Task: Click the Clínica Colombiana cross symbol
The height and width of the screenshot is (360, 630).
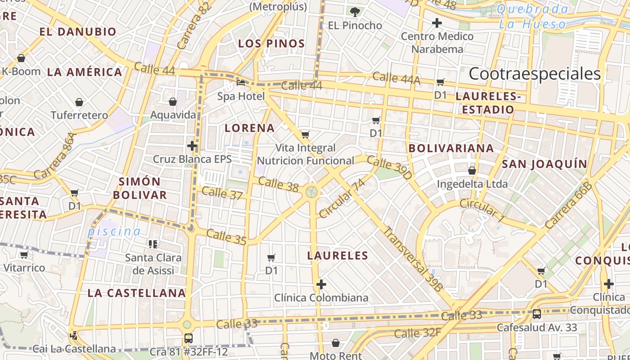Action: point(321,284)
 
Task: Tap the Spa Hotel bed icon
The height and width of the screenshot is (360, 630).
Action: point(241,83)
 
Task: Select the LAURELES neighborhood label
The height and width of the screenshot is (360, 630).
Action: point(337,256)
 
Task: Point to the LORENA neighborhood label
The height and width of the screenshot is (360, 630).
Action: point(250,128)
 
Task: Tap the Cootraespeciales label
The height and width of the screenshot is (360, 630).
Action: point(535,74)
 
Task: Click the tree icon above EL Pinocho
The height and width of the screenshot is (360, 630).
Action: point(355,12)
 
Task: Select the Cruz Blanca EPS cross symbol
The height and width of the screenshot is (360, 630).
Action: point(192,146)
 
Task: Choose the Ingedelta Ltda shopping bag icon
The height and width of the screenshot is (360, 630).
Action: point(472,171)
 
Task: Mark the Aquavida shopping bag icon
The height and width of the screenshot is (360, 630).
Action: point(173,102)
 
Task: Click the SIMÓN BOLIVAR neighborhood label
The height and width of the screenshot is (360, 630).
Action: point(140,188)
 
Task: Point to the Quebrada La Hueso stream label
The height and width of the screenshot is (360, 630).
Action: point(533,17)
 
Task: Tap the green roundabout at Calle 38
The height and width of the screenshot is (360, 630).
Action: point(311,192)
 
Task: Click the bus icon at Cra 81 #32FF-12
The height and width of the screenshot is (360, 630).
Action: point(189,338)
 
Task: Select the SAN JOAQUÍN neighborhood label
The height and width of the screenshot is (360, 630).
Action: point(544,164)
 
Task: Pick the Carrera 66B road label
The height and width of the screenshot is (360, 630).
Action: point(568,205)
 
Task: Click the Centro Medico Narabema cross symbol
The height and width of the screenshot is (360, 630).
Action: point(436,23)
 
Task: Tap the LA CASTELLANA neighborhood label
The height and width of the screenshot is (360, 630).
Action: point(137,293)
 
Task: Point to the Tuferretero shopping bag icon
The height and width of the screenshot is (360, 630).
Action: point(79,103)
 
